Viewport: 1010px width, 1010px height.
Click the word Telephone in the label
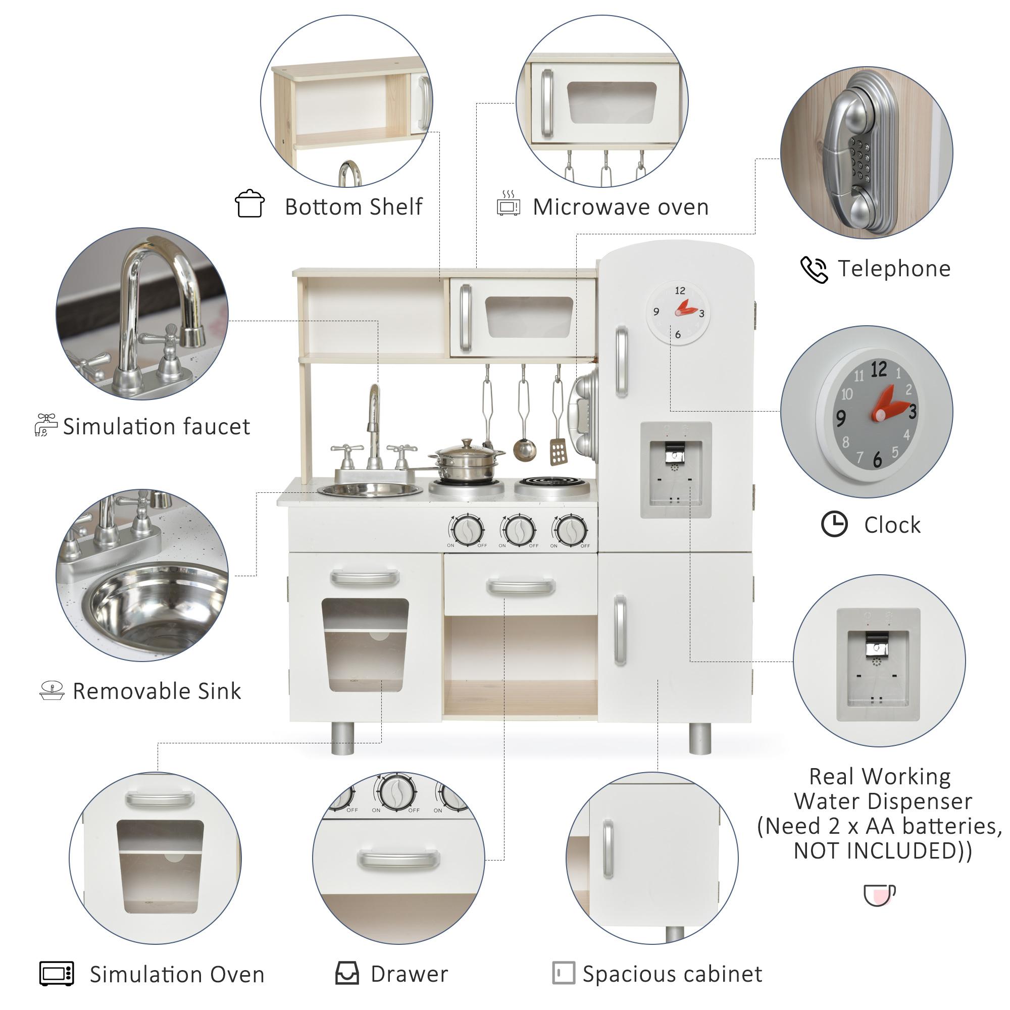894,269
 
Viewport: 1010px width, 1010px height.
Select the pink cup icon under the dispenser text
879,895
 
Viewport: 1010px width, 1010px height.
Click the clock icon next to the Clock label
834,524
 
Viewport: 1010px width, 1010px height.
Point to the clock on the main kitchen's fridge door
678,313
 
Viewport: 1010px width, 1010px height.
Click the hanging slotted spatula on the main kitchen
558,450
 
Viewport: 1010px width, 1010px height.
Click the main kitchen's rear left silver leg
342,738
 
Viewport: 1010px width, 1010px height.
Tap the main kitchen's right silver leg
699,739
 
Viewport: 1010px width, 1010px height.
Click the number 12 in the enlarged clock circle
879,370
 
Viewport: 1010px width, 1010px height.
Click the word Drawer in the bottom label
410,974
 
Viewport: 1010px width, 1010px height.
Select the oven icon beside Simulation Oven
57,974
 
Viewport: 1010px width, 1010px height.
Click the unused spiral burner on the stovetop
552,482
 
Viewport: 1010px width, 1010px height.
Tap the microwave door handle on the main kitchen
465,318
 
